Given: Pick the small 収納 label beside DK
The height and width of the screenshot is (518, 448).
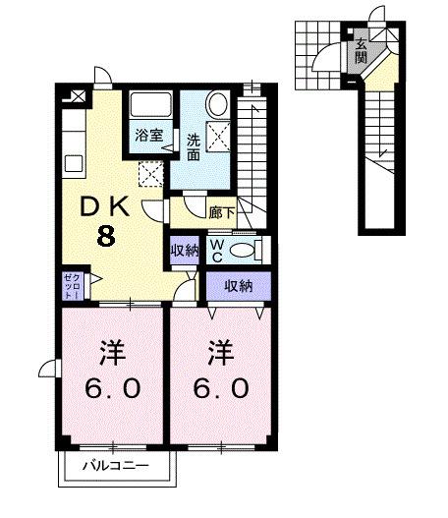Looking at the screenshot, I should coord(183,250).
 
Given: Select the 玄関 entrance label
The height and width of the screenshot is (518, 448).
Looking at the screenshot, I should coord(361,49).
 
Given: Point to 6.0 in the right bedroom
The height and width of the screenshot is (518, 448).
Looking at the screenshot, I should coord(221,388).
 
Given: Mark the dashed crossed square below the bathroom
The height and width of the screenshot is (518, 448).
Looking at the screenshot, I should coord(150,174).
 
